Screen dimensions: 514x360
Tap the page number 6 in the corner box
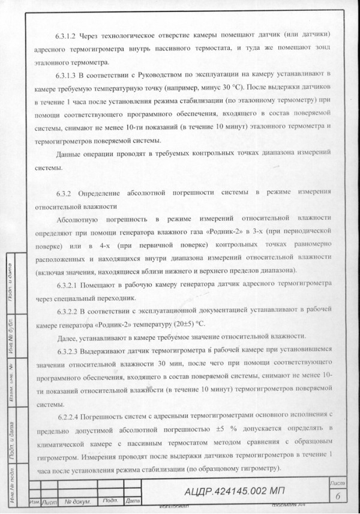[x=338, y=495]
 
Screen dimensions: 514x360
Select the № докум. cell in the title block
[x=78, y=501]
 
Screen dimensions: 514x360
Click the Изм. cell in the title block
[x=35, y=501]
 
